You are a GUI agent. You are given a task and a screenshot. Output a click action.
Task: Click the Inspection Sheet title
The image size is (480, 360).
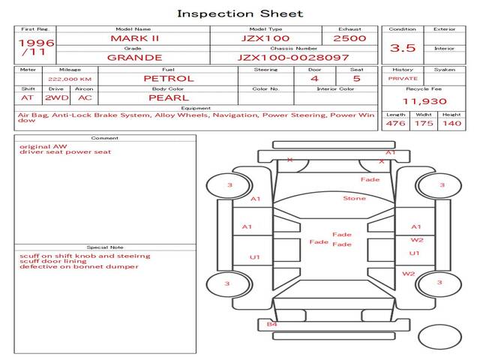[x=240, y=13]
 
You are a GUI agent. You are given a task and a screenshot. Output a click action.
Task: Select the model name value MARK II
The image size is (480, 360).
[x=135, y=38]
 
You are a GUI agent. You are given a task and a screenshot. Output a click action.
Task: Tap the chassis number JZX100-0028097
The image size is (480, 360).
[x=293, y=58]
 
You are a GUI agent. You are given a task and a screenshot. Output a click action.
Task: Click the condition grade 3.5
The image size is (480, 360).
[x=403, y=48]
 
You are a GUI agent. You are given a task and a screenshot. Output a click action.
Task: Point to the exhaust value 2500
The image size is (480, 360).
[x=349, y=38]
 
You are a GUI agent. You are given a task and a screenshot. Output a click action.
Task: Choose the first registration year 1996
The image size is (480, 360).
[x=37, y=43]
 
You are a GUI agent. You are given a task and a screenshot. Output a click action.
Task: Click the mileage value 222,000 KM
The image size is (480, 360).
[x=70, y=79]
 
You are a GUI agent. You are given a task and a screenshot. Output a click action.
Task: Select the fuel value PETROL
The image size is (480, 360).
[x=169, y=79]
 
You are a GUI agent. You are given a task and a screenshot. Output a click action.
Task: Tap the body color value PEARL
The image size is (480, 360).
[x=169, y=98]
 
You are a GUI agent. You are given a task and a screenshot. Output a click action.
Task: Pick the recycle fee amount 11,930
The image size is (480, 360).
[x=424, y=101]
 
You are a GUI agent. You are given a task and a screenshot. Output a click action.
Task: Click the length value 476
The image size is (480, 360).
[x=395, y=123]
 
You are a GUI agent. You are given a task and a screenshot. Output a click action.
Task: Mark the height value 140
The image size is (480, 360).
[x=451, y=123]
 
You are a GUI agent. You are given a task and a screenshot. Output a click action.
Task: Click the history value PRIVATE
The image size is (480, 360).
[x=403, y=79]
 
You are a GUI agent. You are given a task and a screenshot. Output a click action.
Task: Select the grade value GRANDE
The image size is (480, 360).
[x=135, y=58]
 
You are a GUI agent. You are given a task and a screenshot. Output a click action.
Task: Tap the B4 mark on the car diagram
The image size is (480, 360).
[x=271, y=324]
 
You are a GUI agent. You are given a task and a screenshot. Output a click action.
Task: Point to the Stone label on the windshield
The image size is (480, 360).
[x=355, y=198]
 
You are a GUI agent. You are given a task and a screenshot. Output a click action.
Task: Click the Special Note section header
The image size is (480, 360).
[x=105, y=247]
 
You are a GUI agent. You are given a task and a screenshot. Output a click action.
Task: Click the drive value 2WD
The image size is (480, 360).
[x=57, y=98]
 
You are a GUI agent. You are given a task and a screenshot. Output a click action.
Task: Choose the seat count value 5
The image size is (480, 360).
[x=357, y=79]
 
